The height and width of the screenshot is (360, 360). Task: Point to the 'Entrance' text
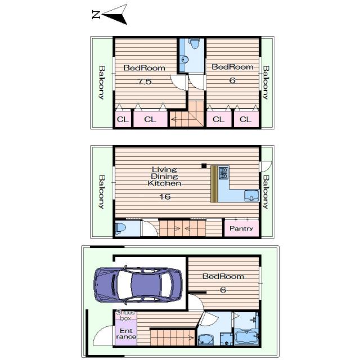coord(125,333)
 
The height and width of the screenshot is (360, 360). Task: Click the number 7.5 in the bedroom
coord(145,81)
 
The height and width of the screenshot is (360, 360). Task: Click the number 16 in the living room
coord(164,196)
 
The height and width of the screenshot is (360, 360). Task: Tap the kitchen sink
coord(250,196)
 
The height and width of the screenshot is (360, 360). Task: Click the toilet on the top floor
coord(193,44)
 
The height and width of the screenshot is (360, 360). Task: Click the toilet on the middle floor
coord(120,228)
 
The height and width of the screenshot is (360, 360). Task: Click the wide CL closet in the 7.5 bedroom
coord(150,120)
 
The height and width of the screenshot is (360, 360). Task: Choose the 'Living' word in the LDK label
coord(164,169)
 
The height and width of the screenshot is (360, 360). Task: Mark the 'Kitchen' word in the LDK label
coord(164,183)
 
